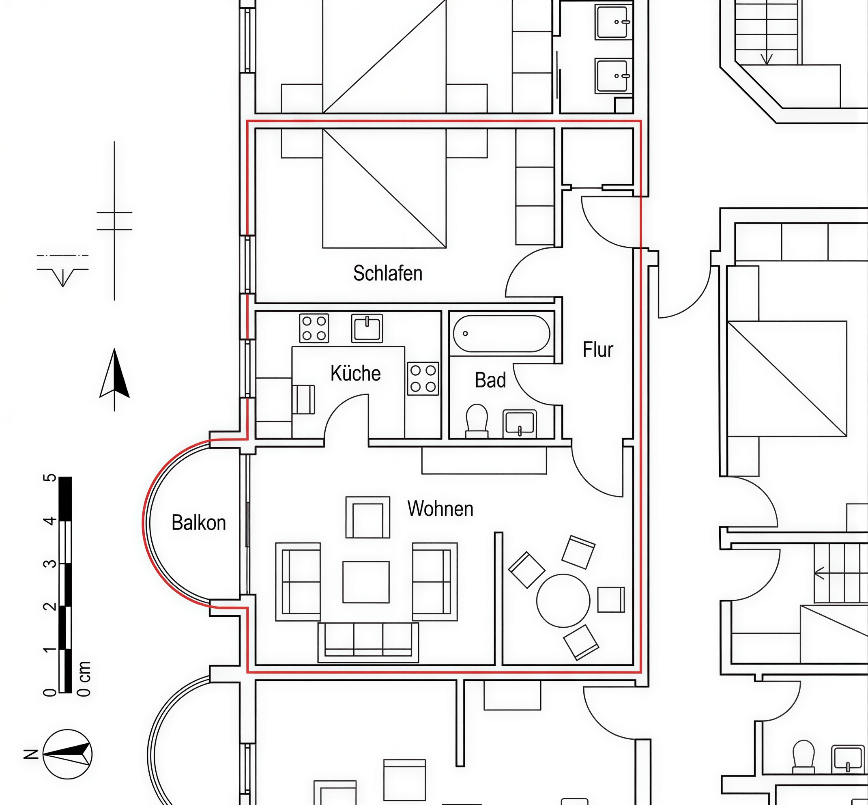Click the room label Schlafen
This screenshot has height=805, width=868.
[x=388, y=273]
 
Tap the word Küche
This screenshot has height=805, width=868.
[x=355, y=373]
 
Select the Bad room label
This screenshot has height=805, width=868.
[x=490, y=380]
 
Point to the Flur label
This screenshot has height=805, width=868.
[x=598, y=350]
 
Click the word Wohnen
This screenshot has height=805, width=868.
[x=440, y=509]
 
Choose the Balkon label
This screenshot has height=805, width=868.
[x=199, y=523]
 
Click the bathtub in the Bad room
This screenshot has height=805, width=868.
[x=502, y=334]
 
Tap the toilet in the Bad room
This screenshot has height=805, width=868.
[x=477, y=421]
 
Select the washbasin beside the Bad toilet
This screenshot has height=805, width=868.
[x=520, y=424]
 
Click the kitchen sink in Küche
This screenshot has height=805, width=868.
[x=367, y=328]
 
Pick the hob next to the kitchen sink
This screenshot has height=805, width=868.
[x=314, y=328]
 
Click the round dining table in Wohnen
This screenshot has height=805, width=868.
[x=563, y=601]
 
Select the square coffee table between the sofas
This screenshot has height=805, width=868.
[x=366, y=582]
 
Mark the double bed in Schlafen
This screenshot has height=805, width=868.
[x=384, y=188]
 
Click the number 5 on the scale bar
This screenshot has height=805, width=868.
[x=51, y=478]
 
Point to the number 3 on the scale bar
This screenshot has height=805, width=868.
[x=51, y=564]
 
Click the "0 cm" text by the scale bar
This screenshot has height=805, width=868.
[x=84, y=679]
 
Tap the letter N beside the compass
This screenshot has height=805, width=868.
[x=31, y=754]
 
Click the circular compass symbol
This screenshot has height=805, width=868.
[x=67, y=754]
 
